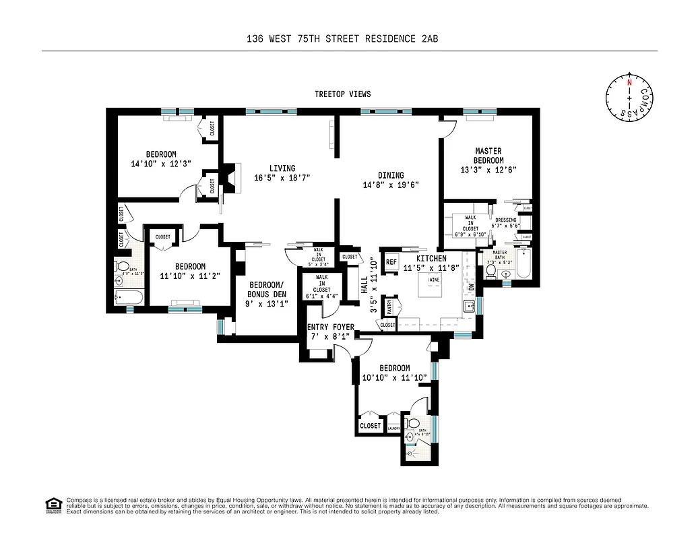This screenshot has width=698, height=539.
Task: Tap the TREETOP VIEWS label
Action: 342,94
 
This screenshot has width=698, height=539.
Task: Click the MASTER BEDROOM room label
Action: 488,156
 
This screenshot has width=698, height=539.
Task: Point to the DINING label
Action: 391,175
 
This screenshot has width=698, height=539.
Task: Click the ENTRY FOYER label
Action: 330,327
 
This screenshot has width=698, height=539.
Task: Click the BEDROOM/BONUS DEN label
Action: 267,289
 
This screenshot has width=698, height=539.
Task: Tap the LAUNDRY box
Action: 393,428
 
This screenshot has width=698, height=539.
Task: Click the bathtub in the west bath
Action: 129,297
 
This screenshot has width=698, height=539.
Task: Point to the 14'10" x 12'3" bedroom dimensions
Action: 154,164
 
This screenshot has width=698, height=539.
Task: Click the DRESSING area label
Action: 506,220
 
